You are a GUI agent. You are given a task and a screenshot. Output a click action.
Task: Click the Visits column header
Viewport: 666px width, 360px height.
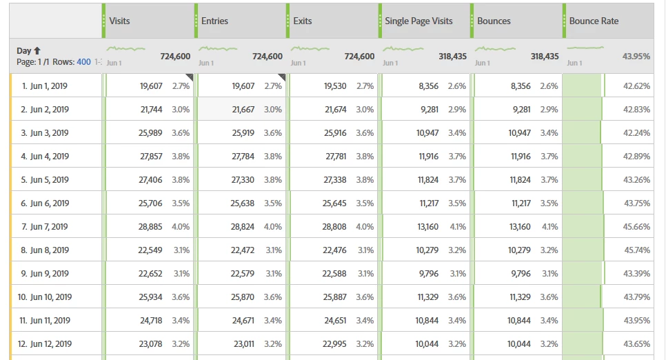click(119, 21)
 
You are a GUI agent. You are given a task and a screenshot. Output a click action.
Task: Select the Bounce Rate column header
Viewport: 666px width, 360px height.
click(594, 21)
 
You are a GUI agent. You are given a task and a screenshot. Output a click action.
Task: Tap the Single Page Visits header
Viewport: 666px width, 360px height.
click(418, 21)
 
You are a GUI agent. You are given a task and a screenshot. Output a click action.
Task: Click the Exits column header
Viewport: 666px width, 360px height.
click(303, 21)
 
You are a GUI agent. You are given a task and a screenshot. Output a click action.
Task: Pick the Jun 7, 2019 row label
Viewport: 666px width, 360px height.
click(45, 226)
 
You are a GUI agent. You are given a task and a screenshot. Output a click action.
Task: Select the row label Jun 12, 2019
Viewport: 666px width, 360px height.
click(46, 343)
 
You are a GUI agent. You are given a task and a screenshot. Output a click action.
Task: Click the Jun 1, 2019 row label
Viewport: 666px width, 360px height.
click(45, 86)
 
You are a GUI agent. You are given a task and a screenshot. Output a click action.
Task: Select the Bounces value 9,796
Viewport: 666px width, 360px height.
click(521, 273)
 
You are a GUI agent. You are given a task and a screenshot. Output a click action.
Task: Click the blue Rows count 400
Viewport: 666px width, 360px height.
click(83, 62)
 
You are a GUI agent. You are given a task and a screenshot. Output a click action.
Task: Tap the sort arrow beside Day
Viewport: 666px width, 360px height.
click(37, 50)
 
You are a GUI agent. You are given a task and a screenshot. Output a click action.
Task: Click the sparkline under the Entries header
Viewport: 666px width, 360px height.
click(218, 49)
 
